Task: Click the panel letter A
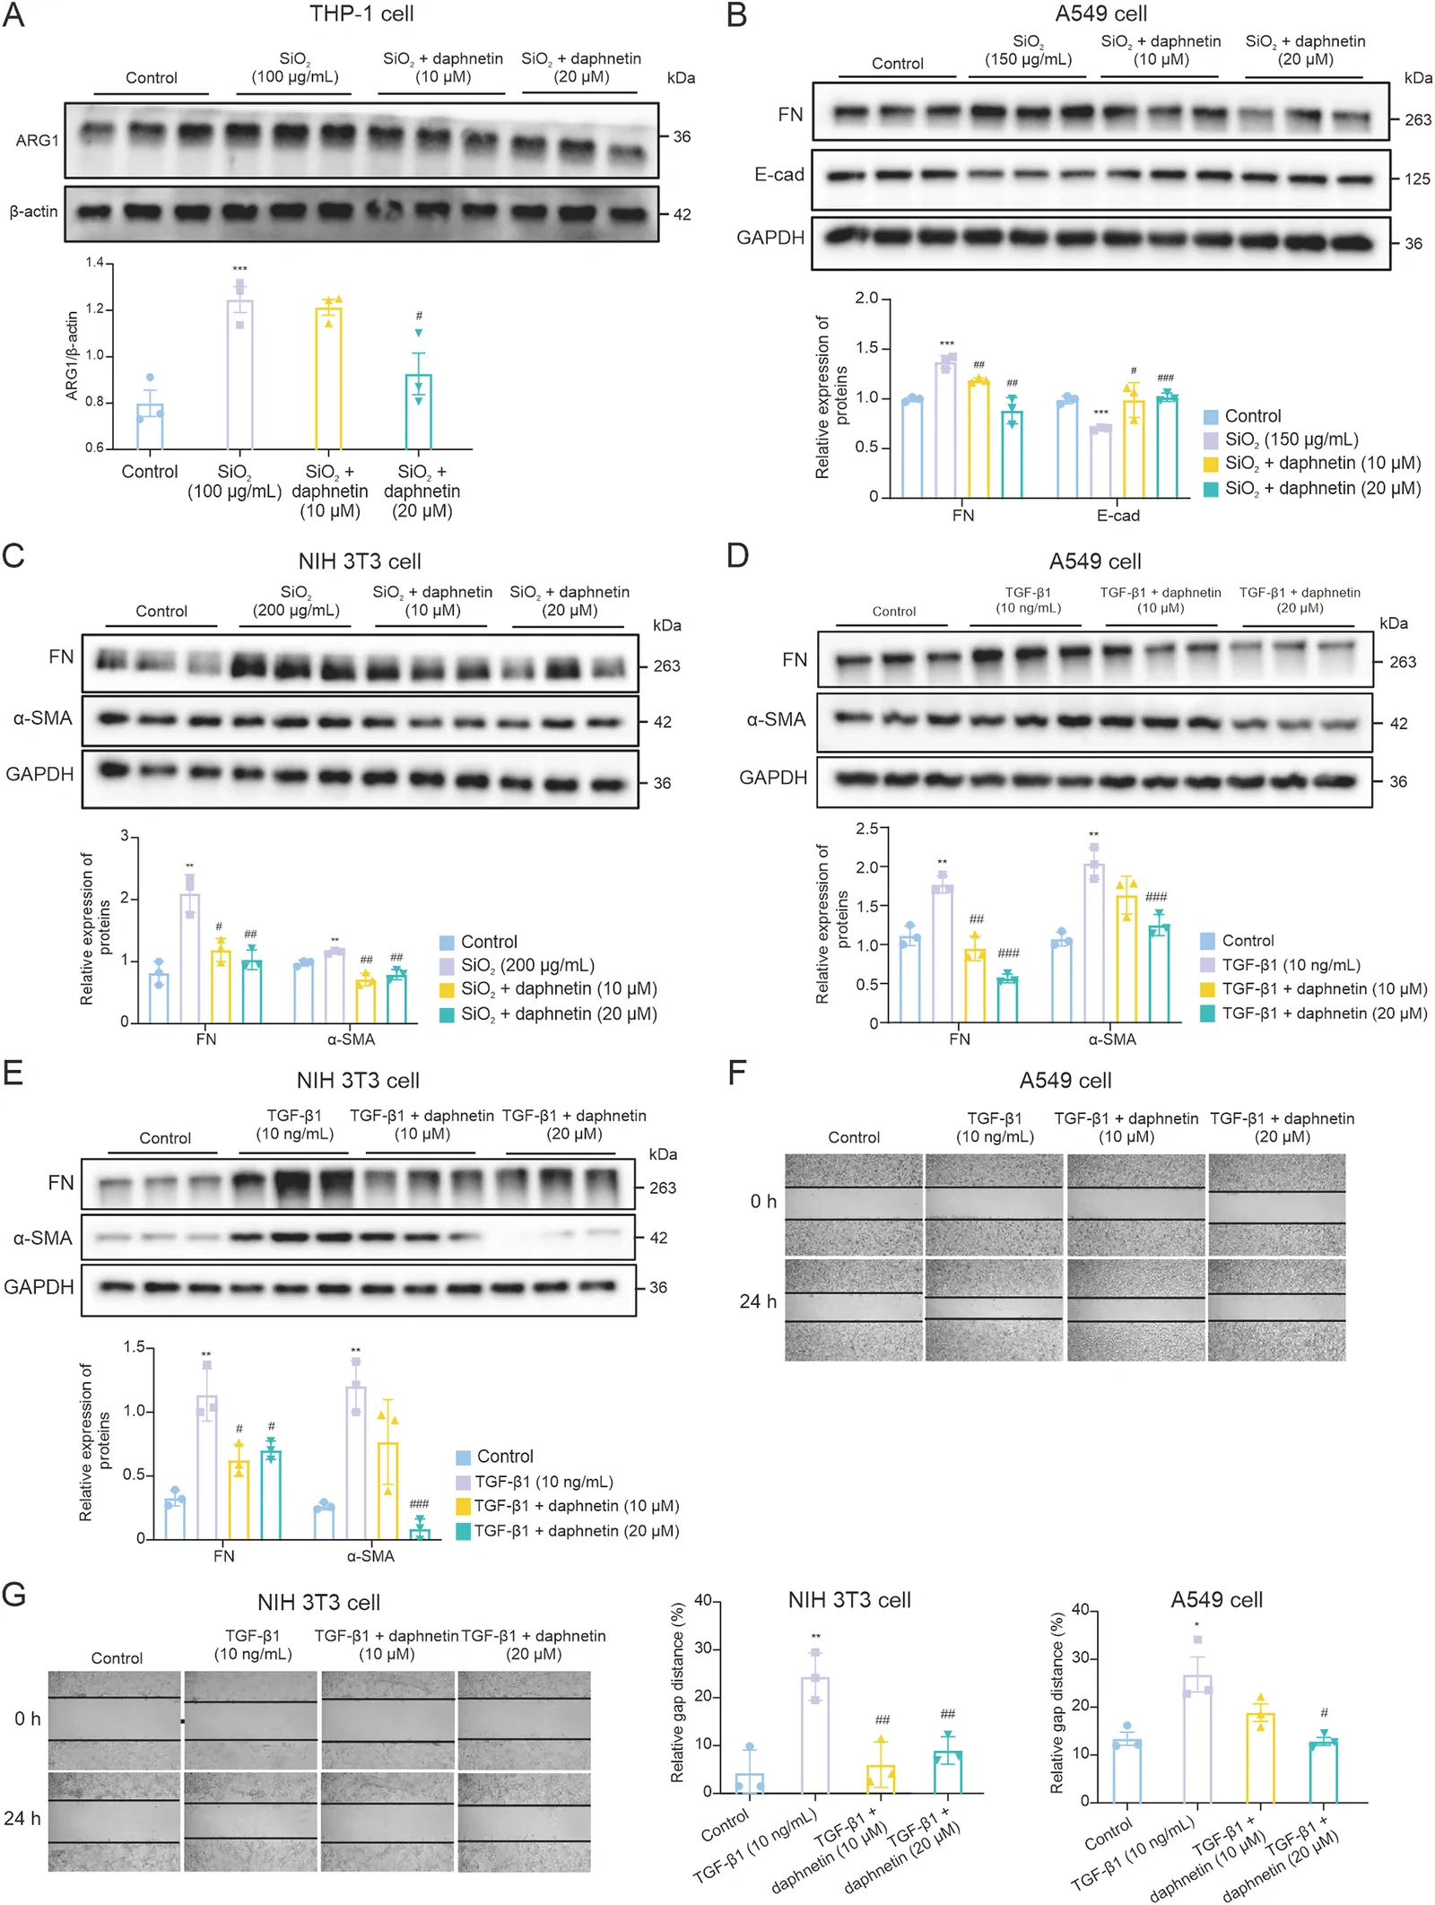(x=13, y=15)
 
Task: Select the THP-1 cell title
(x=361, y=13)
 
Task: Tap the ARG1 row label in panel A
(x=37, y=141)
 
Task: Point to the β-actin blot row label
(x=33, y=212)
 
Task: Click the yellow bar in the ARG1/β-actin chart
(x=328, y=378)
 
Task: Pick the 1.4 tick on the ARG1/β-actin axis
(x=95, y=263)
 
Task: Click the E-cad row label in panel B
(x=779, y=175)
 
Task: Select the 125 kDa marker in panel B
(x=1417, y=179)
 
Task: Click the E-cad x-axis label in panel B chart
(x=1118, y=516)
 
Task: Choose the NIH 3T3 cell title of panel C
(x=360, y=561)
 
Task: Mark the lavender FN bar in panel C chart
(x=190, y=958)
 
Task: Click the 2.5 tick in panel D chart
(x=867, y=829)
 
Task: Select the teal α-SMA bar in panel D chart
(x=1159, y=974)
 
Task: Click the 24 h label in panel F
(x=758, y=1301)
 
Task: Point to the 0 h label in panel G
(x=28, y=1718)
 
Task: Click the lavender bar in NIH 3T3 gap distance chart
(x=814, y=1735)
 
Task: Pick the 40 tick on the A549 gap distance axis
(x=1081, y=1609)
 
